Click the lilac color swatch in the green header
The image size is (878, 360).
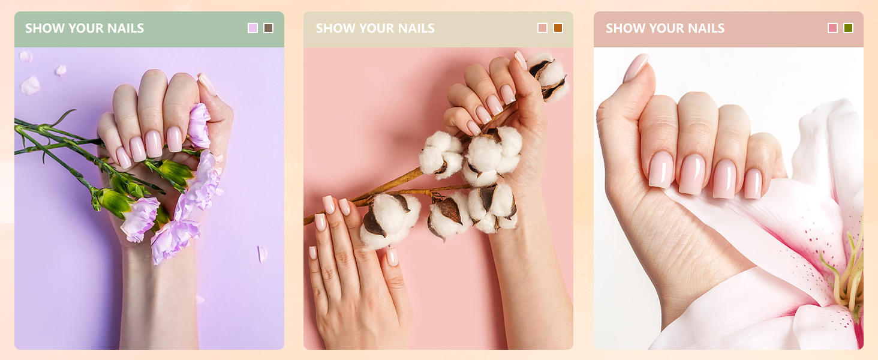click(x=253, y=28)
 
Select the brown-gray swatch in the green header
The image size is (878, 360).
click(x=269, y=28)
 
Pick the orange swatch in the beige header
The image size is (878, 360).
click(x=558, y=28)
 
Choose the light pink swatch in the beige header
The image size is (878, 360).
click(x=543, y=28)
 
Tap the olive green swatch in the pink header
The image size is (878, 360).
click(x=848, y=28)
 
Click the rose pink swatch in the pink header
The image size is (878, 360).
click(x=832, y=28)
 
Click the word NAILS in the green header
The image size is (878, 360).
click(x=125, y=28)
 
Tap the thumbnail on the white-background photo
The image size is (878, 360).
click(x=635, y=67)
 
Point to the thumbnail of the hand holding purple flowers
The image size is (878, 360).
click(x=207, y=84)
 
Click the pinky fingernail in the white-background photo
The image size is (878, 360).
click(x=753, y=183)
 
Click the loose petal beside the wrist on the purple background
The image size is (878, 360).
click(x=262, y=254)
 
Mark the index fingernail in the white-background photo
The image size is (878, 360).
click(x=661, y=169)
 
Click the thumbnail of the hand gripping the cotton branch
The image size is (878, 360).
click(x=521, y=61)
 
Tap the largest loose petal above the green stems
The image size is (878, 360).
click(x=30, y=85)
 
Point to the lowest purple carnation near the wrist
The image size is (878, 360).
click(x=175, y=241)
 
